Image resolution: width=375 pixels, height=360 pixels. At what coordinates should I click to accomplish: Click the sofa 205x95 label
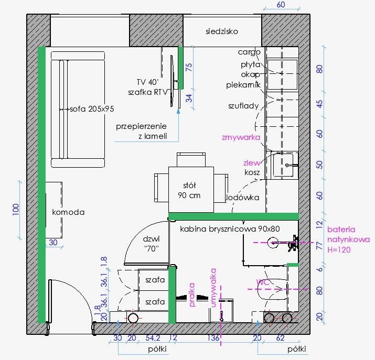pos(92,109)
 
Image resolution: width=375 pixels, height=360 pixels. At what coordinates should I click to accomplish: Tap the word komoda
pos(68,212)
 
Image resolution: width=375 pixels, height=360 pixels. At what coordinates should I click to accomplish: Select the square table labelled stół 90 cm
pos(191,190)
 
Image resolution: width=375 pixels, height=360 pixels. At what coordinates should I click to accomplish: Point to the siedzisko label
pos(222,31)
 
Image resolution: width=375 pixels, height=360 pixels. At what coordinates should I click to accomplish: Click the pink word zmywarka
pos(241,137)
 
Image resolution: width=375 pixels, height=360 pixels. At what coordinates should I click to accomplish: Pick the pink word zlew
pos(252,163)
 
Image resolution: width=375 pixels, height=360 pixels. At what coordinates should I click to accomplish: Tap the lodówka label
pos(243,198)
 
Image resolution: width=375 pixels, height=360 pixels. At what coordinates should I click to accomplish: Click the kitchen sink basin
pos(283,165)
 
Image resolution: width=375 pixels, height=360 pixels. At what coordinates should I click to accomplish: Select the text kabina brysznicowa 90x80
pos(230,229)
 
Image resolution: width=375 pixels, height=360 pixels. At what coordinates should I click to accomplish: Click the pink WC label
pos(263,282)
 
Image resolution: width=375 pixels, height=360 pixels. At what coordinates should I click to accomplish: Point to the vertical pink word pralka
pos(192,294)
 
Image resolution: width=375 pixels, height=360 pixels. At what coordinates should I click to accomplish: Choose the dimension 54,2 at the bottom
pos(153,338)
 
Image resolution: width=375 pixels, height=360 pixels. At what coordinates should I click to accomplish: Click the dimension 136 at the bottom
pos(213,338)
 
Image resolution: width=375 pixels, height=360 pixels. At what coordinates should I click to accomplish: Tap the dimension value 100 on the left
pos(16,210)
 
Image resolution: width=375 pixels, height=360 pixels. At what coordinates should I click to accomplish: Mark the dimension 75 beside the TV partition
pos(189,67)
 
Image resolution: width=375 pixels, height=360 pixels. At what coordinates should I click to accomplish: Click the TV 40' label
pos(147,82)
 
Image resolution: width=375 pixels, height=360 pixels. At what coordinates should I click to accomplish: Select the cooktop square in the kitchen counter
pos(282,74)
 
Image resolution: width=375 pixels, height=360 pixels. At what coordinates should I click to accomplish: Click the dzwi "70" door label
pos(152,244)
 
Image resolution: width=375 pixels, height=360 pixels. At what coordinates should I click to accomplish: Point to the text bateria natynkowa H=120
pos(348,239)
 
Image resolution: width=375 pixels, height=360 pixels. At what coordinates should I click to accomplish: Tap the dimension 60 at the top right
pos(281,5)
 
